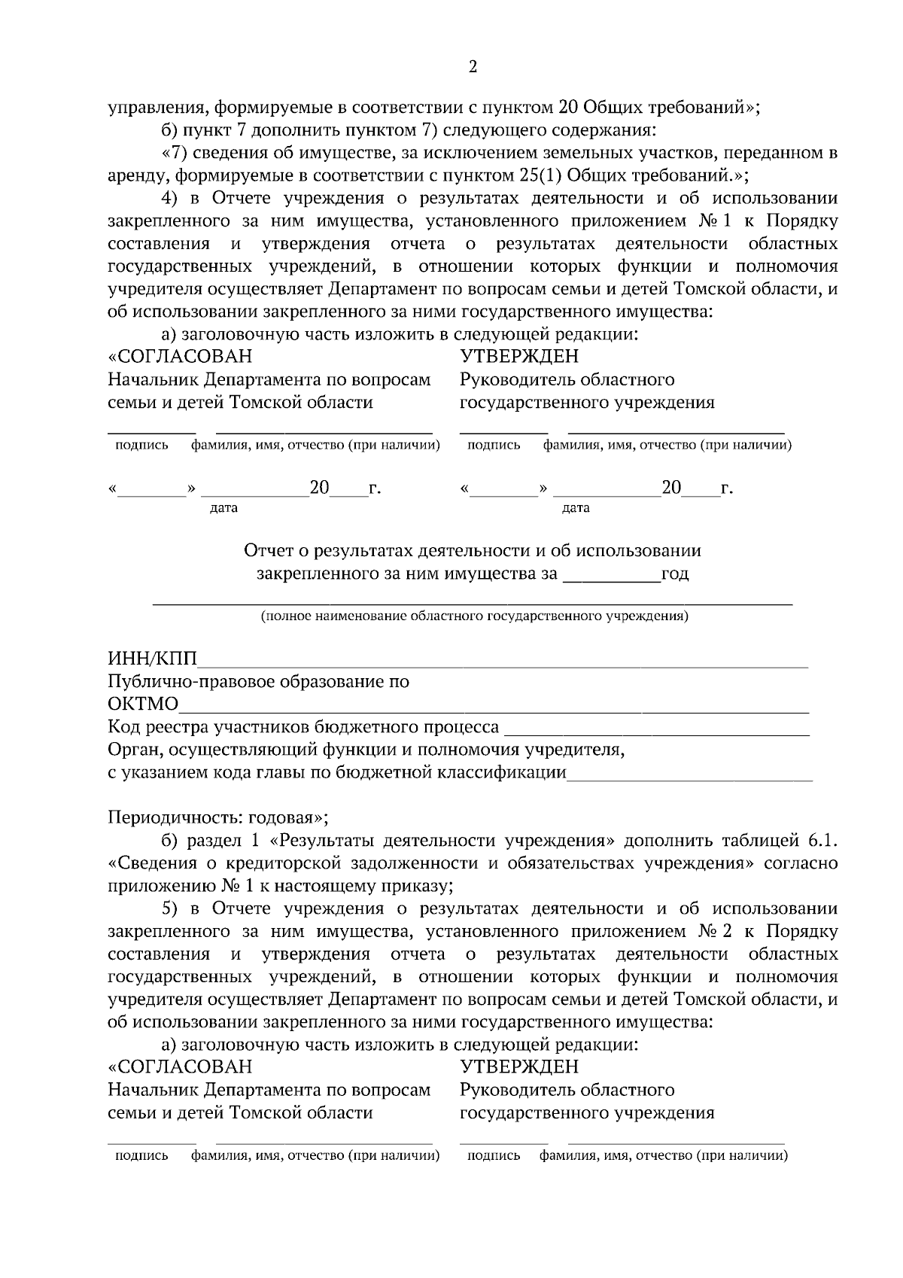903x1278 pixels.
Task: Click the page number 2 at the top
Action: pyautogui.click(x=473, y=68)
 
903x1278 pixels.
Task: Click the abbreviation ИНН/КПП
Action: pyautogui.click(x=152, y=659)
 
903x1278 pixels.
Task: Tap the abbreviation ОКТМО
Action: pyautogui.click(x=143, y=704)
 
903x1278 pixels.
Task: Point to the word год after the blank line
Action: pyautogui.click(x=674, y=574)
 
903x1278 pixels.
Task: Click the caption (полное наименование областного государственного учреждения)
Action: pyautogui.click(x=473, y=616)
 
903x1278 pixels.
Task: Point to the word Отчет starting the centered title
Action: pyautogui.click(x=267, y=551)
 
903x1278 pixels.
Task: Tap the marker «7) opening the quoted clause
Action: pyautogui.click(x=175, y=154)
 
